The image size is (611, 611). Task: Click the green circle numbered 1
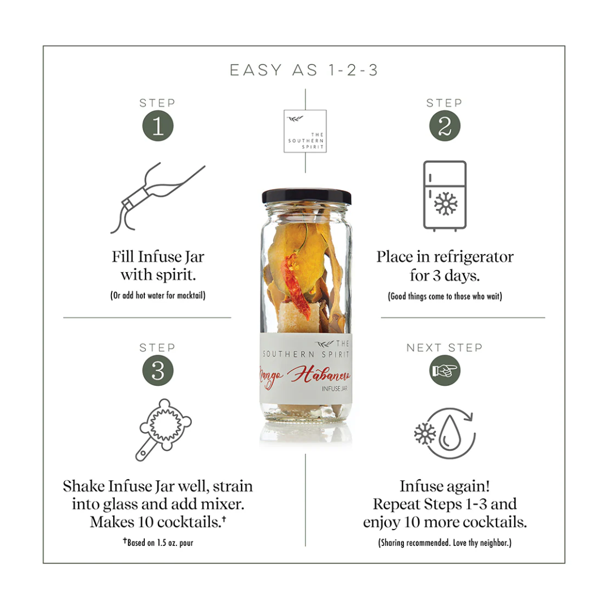click(x=158, y=126)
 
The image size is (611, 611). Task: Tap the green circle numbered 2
click(x=445, y=126)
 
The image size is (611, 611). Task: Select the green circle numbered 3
click(x=158, y=370)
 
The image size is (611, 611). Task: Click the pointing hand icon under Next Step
click(x=445, y=370)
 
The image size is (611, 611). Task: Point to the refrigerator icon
click(x=445, y=196)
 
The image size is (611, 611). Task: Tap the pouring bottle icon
click(x=157, y=198)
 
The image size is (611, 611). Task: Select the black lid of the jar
click(x=306, y=196)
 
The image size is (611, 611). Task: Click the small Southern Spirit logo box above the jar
click(x=305, y=131)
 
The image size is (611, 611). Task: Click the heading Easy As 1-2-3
click(x=304, y=70)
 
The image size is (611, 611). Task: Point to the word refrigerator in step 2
click(x=474, y=257)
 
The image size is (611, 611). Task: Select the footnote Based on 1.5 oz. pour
click(x=158, y=543)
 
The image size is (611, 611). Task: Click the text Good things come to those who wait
click(x=445, y=296)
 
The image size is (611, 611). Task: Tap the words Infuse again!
click(x=445, y=486)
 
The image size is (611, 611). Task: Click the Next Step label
click(x=444, y=347)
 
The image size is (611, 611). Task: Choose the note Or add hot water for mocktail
click(x=158, y=295)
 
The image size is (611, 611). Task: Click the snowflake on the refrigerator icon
click(x=446, y=204)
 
